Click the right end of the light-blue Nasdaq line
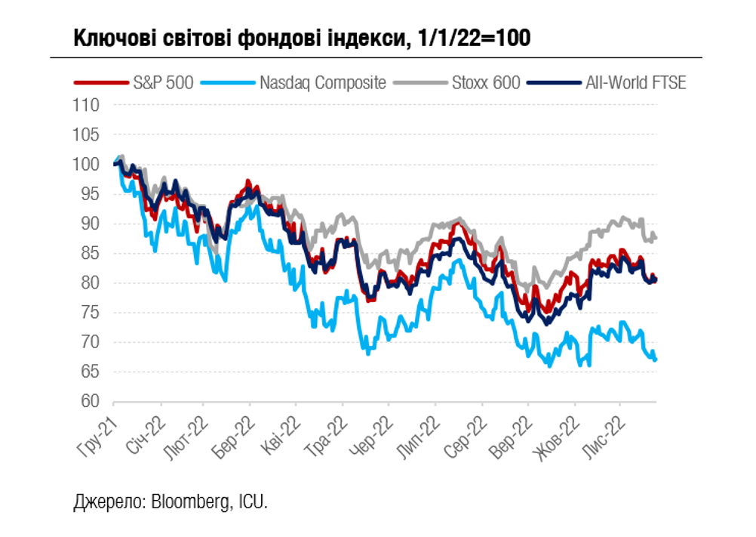[656, 360]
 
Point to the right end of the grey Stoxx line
[656, 238]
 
